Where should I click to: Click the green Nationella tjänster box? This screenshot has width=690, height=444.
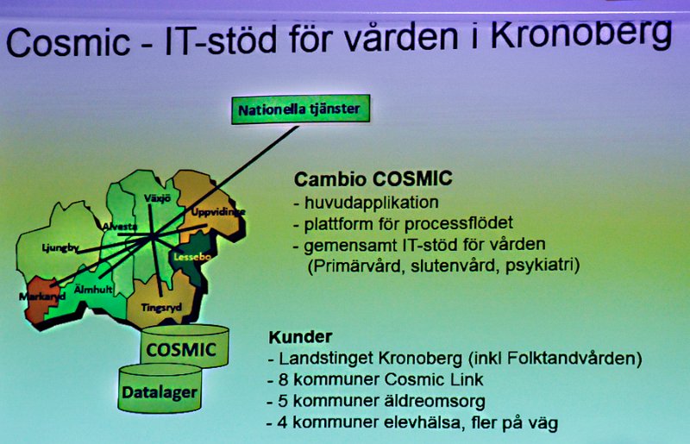point(300,109)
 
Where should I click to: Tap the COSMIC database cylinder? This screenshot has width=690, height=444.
point(185,347)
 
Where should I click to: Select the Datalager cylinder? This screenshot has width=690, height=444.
point(160,389)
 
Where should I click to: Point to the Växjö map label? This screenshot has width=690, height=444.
point(158,198)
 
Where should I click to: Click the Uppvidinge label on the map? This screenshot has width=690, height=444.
point(218,212)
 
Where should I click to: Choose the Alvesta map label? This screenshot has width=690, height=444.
point(120,227)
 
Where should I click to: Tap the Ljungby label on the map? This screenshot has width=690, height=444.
point(60,248)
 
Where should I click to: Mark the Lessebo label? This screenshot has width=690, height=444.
point(192,257)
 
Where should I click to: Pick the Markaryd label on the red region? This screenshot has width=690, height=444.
point(42,297)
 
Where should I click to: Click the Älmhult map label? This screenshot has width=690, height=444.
point(93,289)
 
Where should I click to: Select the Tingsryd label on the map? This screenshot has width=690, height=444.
point(161,308)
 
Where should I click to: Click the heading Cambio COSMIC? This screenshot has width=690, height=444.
point(373,178)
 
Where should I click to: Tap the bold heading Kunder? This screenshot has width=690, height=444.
point(300,336)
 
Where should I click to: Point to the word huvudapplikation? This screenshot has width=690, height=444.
point(372,203)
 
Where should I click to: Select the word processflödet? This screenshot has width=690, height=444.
point(459,223)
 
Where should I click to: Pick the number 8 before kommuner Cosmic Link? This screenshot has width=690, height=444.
point(283,379)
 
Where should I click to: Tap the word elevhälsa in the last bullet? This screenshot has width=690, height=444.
point(422,422)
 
